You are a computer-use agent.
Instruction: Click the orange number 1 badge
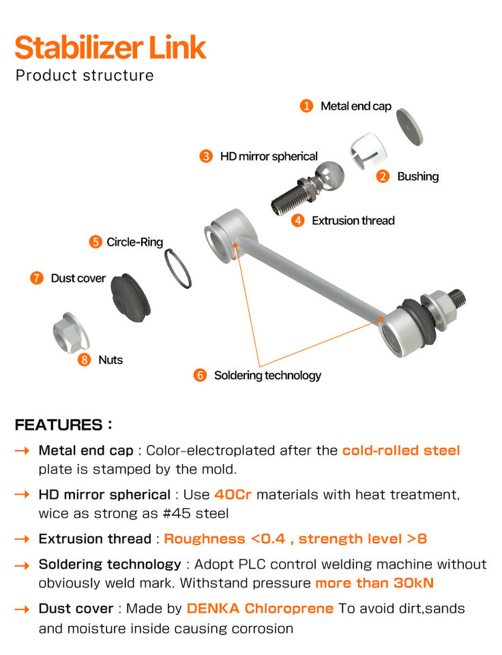tap(307, 106)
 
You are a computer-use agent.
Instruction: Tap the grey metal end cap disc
tap(411, 126)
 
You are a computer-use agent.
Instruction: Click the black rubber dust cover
tap(132, 295)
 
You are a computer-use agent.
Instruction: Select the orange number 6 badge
tap(200, 375)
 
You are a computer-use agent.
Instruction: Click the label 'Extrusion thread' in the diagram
tap(353, 220)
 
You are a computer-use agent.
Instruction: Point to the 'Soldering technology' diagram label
tap(267, 375)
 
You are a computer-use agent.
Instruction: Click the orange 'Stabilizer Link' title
tap(110, 48)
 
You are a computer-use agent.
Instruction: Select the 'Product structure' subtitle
tap(85, 75)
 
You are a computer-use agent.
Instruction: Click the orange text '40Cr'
tap(233, 494)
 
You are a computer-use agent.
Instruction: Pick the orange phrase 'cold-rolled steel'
tap(401, 450)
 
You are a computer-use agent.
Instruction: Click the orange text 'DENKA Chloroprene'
tap(260, 609)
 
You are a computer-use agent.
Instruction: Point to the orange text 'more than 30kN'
tap(374, 583)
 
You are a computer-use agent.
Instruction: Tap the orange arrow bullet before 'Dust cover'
tap(22, 609)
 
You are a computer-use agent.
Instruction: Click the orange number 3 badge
tap(206, 156)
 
